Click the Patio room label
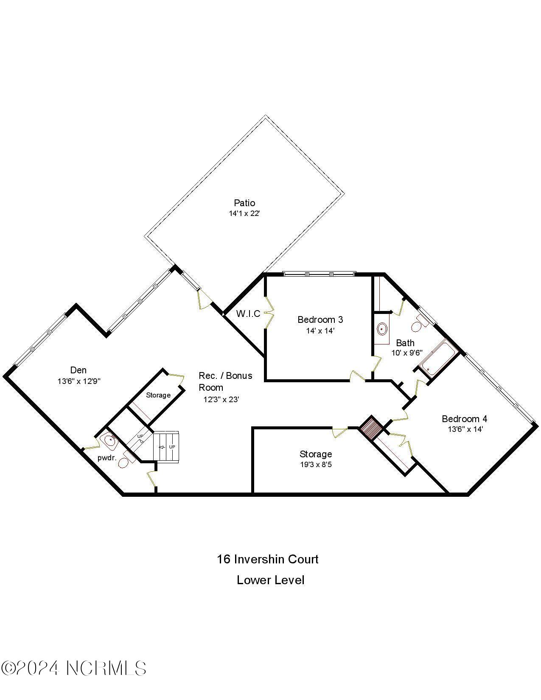(x=244, y=203)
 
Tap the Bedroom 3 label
(x=320, y=319)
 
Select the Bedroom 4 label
(x=465, y=419)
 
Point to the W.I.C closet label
(x=248, y=314)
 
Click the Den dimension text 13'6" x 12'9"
(x=79, y=381)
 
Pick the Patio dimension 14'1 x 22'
(x=244, y=214)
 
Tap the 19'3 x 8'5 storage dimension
(x=316, y=465)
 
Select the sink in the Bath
(x=382, y=328)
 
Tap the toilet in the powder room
(x=124, y=462)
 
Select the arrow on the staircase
(x=162, y=447)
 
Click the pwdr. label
(x=107, y=458)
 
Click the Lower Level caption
(x=270, y=580)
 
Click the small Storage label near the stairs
(x=158, y=395)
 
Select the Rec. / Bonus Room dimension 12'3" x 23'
(x=221, y=399)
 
